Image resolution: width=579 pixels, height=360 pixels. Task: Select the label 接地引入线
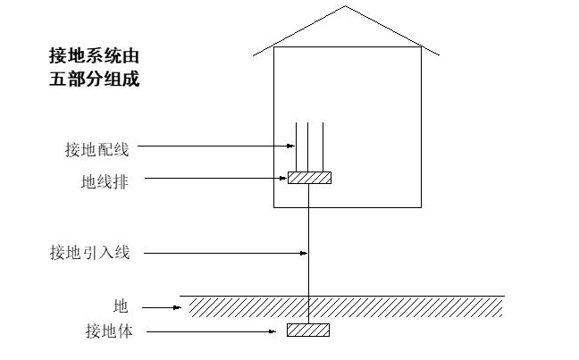[89, 253]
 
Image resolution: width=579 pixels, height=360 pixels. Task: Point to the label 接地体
[106, 332]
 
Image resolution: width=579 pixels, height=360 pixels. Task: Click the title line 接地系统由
[93, 55]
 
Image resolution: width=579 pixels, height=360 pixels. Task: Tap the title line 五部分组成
[93, 79]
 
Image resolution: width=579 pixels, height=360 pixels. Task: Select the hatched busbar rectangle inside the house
[309, 178]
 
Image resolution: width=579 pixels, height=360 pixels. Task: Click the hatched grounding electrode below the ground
[308, 330]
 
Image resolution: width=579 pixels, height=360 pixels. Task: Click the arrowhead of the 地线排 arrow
[284, 179]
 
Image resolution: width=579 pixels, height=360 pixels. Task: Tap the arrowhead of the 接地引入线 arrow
[305, 253]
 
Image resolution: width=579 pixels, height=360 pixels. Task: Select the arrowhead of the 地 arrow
[182, 307]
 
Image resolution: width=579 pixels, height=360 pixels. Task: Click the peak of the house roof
[347, 7]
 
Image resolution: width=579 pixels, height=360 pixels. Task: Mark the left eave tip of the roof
[254, 55]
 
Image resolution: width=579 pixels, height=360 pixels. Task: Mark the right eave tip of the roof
[440, 55]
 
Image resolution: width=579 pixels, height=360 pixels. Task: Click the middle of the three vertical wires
[307, 147]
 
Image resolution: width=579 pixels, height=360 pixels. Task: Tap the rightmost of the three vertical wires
[321, 147]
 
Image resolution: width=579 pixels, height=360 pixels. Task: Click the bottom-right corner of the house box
[421, 207]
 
